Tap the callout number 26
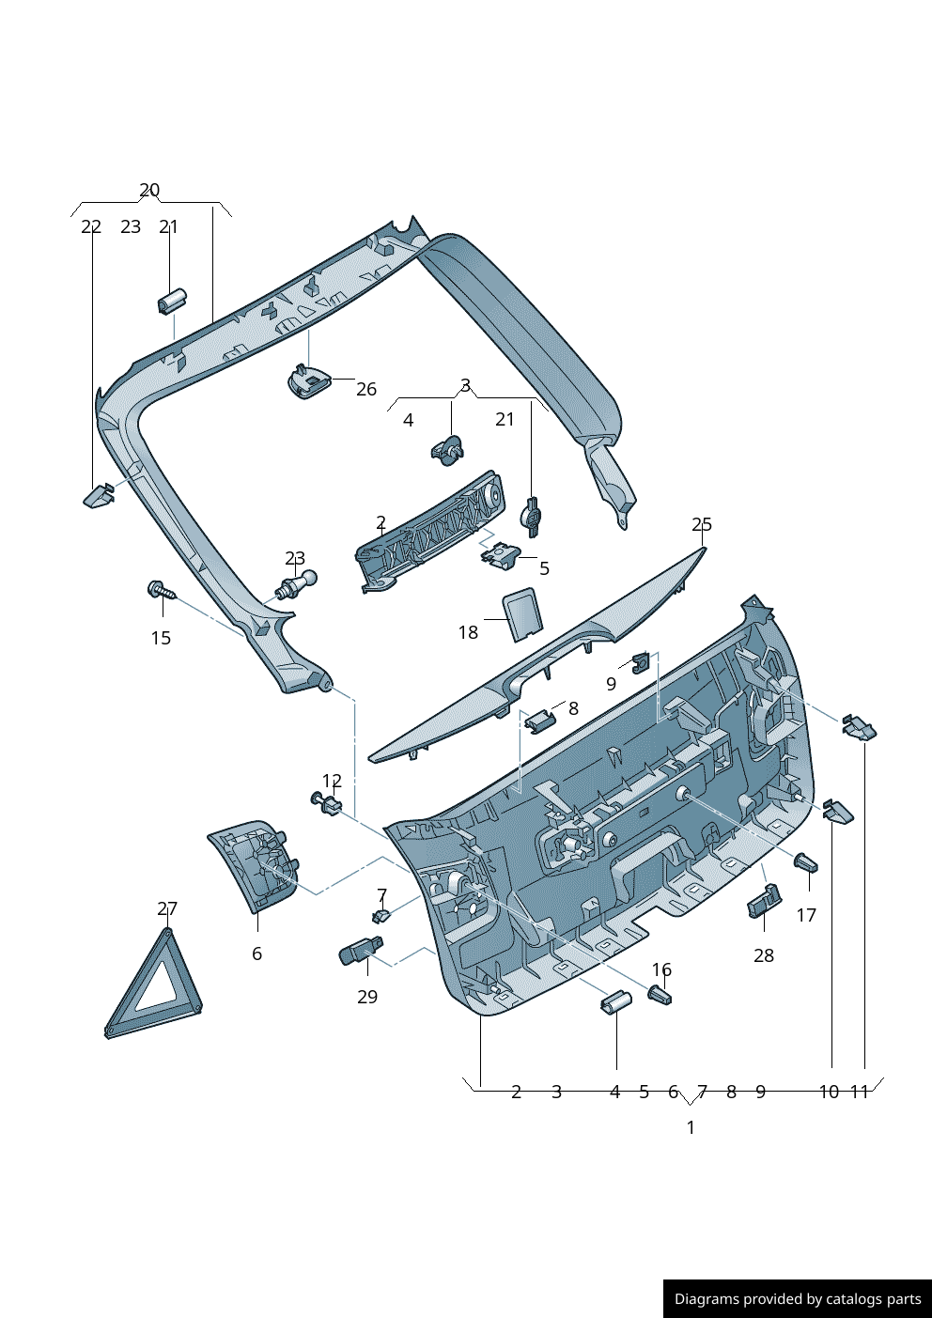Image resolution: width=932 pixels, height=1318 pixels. (366, 389)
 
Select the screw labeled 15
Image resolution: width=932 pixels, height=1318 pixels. (161, 591)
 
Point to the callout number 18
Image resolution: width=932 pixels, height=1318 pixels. (468, 632)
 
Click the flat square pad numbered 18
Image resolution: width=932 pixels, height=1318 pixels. (521, 613)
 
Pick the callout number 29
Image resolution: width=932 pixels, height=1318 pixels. (367, 997)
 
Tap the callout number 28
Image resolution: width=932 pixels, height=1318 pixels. (764, 955)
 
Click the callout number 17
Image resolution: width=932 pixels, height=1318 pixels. (806, 915)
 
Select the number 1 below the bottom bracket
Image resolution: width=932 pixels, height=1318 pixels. (691, 1127)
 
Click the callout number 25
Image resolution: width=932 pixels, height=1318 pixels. (702, 524)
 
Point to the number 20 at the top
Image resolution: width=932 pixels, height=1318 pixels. (149, 190)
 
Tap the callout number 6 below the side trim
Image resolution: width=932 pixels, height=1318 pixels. (256, 954)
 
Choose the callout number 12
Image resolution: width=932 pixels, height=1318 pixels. (332, 781)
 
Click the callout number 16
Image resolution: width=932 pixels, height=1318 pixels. (661, 969)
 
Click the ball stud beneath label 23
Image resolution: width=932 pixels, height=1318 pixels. (298, 584)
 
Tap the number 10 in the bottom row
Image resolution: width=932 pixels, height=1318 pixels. (829, 1092)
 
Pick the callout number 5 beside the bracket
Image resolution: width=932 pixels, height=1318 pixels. (544, 568)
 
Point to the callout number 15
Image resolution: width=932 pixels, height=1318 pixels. (161, 638)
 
